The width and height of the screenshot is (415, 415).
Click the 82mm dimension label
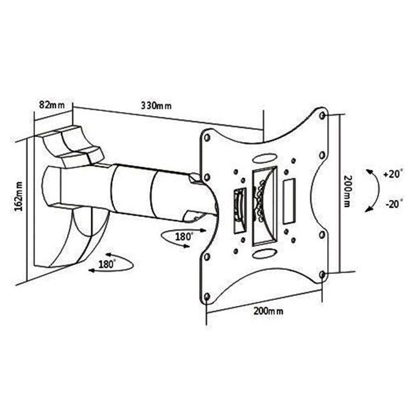pos(52,105)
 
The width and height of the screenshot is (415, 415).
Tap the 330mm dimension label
pos(156,106)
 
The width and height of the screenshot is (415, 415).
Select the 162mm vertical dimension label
pos(19,196)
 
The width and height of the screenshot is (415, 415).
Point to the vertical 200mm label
pos(347,191)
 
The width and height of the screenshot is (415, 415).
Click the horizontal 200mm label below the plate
pos(269,311)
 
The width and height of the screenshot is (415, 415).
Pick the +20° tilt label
pos(393,174)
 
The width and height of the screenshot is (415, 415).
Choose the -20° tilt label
pos(394,204)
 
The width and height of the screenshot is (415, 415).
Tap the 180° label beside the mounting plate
pos(184,237)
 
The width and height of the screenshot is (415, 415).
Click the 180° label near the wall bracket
pos(107,264)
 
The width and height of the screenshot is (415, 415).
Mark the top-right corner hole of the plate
pos(323,116)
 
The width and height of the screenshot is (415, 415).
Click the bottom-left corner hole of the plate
pos(207,296)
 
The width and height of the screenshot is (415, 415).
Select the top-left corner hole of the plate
pos(207,138)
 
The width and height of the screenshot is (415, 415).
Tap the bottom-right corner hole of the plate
pos(323,274)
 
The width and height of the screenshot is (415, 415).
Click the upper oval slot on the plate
pos(264,158)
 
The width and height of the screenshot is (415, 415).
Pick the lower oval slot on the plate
pos(264,254)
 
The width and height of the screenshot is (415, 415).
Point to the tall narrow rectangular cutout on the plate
pos(289,202)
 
